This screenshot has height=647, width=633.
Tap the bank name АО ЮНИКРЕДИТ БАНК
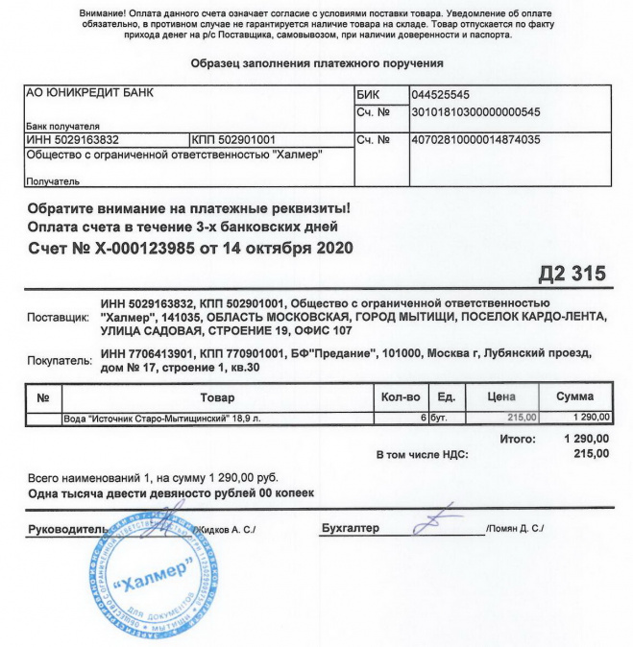pyautogui.click(x=88, y=94)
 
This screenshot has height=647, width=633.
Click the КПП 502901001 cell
pyautogui.click(x=234, y=139)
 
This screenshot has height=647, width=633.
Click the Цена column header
pyautogui.click(x=502, y=396)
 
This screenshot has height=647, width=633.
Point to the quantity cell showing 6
pyautogui.click(x=422, y=419)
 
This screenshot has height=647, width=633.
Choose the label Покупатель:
pyautogui.click(x=61, y=363)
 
